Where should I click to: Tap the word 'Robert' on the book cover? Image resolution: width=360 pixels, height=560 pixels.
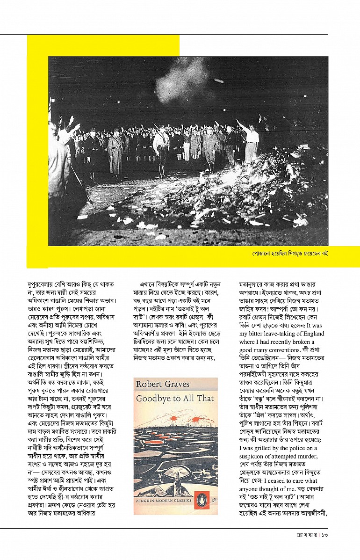coord(149,384)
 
